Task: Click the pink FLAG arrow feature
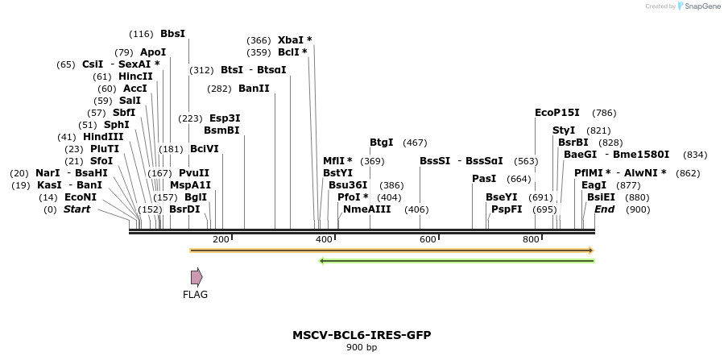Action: (197, 278)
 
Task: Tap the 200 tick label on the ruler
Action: (221, 239)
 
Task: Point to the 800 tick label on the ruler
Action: (531, 239)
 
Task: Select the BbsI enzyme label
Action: (172, 34)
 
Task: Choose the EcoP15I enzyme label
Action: (557, 113)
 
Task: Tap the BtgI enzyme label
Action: (381, 143)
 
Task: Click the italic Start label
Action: (77, 209)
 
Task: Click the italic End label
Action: (604, 209)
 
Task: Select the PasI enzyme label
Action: (484, 179)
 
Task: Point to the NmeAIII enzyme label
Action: (366, 209)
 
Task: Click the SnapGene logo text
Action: (701, 6)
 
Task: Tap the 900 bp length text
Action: (362, 348)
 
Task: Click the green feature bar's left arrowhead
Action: (322, 261)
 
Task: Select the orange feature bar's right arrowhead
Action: (590, 250)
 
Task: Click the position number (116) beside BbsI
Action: (141, 34)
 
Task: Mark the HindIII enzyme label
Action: (103, 137)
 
